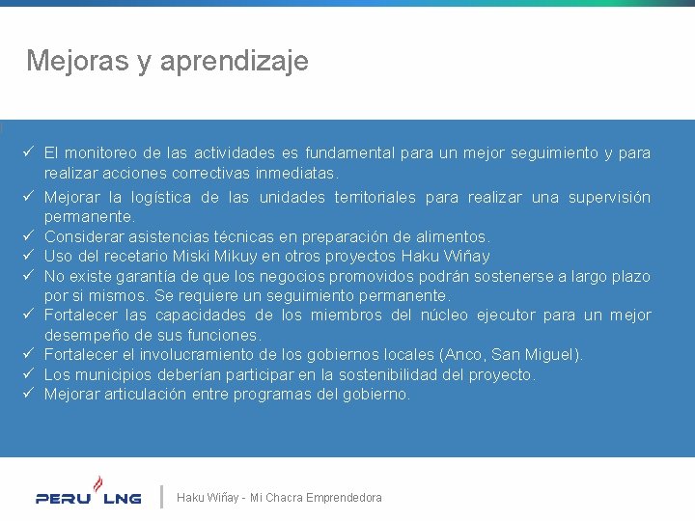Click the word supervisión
(605, 197)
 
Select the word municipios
(112, 374)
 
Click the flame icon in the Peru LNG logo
(97, 481)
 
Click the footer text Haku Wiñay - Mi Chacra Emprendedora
(279, 498)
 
